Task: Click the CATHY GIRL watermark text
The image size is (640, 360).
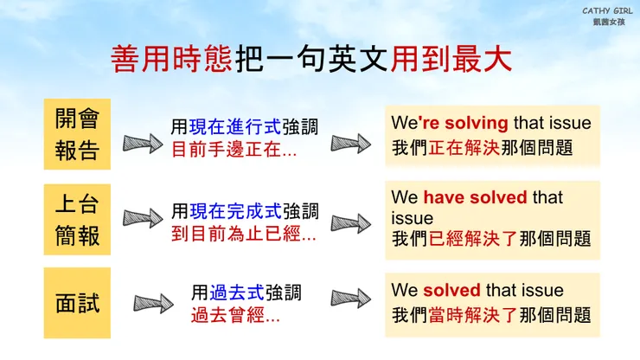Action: click(x=605, y=10)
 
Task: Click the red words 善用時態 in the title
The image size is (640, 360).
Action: click(x=171, y=59)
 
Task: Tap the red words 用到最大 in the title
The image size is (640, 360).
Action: click(x=464, y=59)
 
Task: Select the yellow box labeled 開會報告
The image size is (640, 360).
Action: click(x=77, y=134)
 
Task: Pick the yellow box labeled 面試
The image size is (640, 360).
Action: click(x=77, y=303)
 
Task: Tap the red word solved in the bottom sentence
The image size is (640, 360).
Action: click(x=451, y=290)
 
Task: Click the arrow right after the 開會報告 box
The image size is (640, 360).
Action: click(x=143, y=144)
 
